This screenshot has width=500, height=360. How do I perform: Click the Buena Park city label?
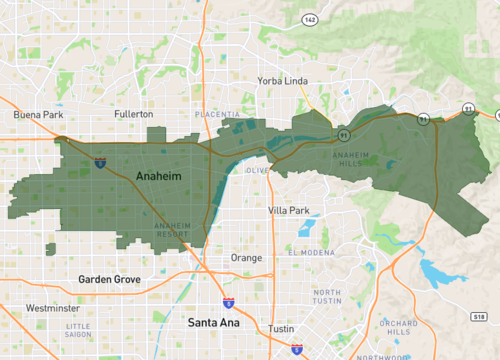click(x=37, y=115)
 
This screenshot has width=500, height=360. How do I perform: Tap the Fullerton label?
click(x=133, y=115)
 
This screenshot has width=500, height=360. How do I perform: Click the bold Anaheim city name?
click(x=157, y=177)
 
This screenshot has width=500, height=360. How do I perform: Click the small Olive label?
click(x=258, y=171)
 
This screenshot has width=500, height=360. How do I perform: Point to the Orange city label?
click(x=246, y=257)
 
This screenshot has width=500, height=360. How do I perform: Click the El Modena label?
click(x=308, y=253)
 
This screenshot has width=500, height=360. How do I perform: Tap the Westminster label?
click(x=53, y=308)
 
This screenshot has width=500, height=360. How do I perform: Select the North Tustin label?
click(x=326, y=296)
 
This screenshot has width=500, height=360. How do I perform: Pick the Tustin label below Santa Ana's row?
click(x=281, y=329)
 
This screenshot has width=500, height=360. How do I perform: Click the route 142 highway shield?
click(x=311, y=19)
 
